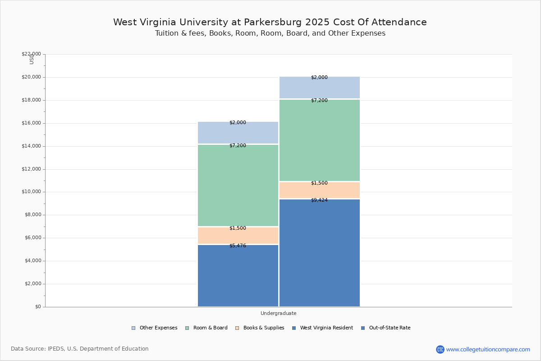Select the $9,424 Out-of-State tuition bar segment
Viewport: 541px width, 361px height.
point(320,253)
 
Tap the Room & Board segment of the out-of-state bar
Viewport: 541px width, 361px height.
point(320,140)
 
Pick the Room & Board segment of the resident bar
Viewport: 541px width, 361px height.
point(238,185)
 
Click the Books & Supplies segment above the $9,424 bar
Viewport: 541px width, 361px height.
point(320,190)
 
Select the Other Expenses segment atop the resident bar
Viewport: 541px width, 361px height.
point(238,133)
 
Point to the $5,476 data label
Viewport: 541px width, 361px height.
point(238,246)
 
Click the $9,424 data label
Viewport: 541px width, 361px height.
point(319,200)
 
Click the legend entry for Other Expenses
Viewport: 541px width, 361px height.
point(158,328)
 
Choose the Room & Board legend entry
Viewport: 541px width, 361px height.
point(210,328)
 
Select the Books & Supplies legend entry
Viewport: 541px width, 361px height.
point(263,328)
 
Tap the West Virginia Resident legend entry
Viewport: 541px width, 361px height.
point(326,328)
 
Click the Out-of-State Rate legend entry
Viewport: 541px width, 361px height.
point(389,328)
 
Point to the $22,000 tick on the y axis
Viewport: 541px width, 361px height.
point(31,54)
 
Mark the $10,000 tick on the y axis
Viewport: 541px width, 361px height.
point(31,192)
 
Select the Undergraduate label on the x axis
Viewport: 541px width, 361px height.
point(278,313)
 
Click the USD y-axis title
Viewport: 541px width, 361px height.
point(32,59)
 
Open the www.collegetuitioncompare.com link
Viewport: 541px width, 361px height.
point(488,349)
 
